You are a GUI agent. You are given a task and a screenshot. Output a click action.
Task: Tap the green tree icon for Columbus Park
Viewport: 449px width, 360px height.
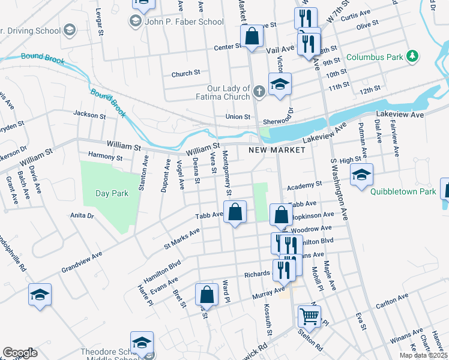click(412, 56)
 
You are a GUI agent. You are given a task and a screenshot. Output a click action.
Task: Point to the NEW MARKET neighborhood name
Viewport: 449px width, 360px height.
click(277, 150)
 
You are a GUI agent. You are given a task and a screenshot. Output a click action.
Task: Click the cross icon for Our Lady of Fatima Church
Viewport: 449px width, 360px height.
click(259, 92)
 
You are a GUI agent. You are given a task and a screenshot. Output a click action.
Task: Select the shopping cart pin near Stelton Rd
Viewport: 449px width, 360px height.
click(309, 316)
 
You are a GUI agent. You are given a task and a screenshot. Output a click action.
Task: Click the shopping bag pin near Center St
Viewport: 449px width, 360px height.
click(252, 37)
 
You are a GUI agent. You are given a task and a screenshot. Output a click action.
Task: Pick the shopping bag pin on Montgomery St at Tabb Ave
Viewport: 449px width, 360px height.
click(235, 212)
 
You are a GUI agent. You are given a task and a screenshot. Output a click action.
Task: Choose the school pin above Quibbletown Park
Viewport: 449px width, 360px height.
click(361, 175)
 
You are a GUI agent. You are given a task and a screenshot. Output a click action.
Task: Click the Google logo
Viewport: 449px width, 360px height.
click(20, 353)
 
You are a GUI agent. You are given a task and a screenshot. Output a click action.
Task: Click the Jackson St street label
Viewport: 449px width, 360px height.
click(89, 113)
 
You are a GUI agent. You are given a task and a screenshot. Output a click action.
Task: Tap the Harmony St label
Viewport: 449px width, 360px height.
click(105, 157)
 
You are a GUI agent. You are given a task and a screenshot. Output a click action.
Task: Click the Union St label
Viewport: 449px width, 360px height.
click(237, 116)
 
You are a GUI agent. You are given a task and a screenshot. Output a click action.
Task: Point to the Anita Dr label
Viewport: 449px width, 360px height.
click(82, 215)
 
